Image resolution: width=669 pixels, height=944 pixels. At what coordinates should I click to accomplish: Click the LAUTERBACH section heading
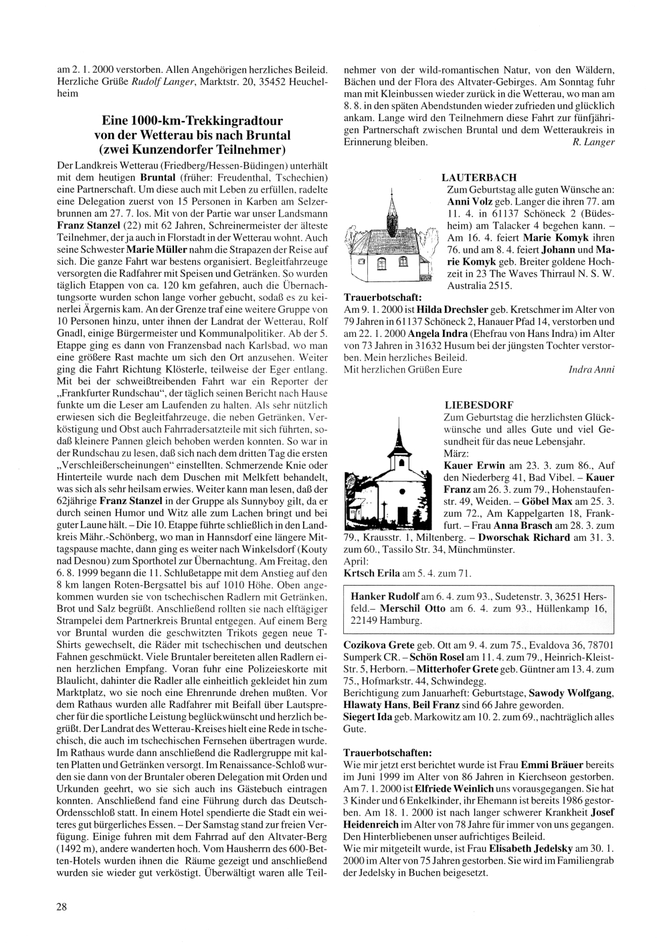(479, 177)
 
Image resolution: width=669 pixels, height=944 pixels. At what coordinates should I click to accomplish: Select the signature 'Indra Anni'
(591, 370)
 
